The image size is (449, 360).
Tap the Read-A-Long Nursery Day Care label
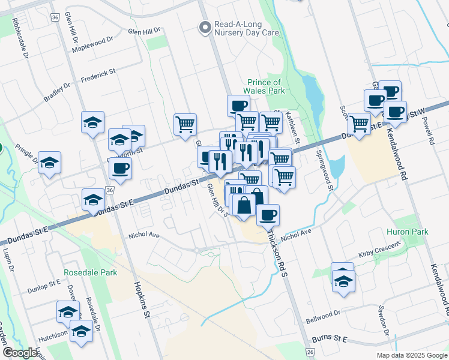pos(246,28)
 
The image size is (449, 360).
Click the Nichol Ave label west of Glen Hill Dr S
pos(144,236)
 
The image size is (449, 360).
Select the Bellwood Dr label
pos(322,313)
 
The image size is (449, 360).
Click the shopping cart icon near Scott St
pos(359,124)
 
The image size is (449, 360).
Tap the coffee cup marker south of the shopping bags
pos(268,214)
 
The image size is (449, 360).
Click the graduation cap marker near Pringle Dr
pos(49,163)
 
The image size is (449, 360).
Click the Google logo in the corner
pos(20,353)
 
